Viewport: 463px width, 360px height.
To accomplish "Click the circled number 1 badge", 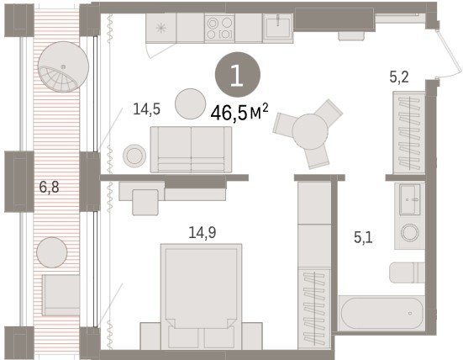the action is tap(238, 75).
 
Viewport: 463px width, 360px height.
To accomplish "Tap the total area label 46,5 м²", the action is tap(239, 113).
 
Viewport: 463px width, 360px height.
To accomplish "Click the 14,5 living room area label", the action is tap(147, 109).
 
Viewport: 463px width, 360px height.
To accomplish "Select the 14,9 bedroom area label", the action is tap(203, 232).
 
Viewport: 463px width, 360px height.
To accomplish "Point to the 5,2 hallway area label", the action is tap(399, 77).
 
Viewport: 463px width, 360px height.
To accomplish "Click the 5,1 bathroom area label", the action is tap(363, 237).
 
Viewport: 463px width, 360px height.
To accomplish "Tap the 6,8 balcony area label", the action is tap(50, 187).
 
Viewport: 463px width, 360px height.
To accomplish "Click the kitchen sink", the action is tap(278, 27).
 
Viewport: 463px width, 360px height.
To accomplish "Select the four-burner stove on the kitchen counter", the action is tap(219, 29).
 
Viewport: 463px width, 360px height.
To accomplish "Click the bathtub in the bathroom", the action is tap(381, 313).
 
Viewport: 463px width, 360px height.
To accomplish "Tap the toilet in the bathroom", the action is tap(407, 273).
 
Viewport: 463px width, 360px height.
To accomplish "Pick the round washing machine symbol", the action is tap(409, 232).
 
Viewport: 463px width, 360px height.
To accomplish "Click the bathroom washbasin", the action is tap(409, 199).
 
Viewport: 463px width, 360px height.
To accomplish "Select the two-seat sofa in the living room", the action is tap(191, 150).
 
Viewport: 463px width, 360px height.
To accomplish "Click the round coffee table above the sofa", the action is tap(190, 103).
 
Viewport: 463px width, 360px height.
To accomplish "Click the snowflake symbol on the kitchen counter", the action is tap(161, 29).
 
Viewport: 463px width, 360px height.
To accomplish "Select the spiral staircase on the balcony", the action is tap(63, 66).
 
